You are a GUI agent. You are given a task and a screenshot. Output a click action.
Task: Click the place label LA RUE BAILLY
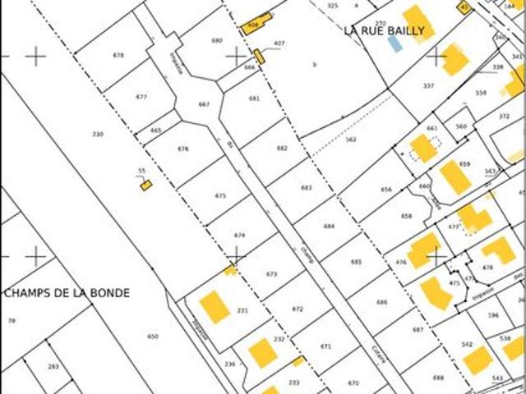coord(385,31)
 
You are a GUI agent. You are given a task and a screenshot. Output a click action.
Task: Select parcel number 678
coord(118,55)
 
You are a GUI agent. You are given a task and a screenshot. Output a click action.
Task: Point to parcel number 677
coord(141,97)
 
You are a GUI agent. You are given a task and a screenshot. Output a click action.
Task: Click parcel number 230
coord(98,134)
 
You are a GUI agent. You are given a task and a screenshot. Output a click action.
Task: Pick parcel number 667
coord(204,104)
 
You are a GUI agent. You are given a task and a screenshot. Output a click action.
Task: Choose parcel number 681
coord(254,98)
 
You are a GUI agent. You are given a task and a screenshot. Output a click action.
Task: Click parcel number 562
coord(351,140)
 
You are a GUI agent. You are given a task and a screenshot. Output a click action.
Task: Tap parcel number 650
coord(152,337)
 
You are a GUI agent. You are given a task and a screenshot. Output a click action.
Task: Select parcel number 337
coord(428,85)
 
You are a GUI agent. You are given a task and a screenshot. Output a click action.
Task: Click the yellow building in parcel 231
coord(215,306)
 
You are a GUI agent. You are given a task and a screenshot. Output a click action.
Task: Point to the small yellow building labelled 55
coord(145,186)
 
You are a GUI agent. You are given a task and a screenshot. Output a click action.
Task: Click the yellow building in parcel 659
coord(454,176)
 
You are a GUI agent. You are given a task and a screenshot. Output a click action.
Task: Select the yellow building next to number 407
coord(259,57)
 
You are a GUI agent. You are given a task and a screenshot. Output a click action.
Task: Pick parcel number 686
coord(381,302)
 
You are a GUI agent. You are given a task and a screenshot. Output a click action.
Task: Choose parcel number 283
coord(53,367)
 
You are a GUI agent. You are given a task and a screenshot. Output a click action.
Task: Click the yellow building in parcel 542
coord(478,360)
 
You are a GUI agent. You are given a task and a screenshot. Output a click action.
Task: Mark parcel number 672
coord(298,309)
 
